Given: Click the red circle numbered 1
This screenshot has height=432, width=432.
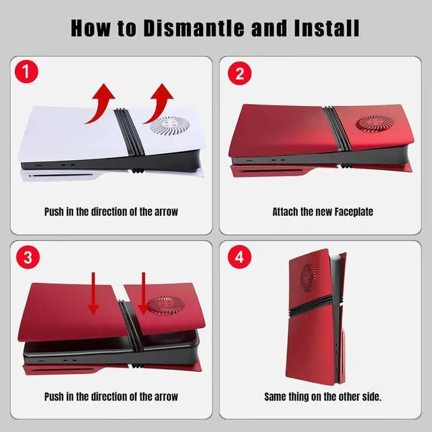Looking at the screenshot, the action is pyautogui.click(x=26, y=72).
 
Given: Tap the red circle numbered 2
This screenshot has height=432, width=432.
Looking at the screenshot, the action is pyautogui.click(x=240, y=74).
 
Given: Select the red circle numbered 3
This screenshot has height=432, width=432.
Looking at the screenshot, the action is pyautogui.click(x=28, y=257).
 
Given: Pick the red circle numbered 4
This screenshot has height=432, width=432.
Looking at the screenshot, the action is pyautogui.click(x=240, y=257).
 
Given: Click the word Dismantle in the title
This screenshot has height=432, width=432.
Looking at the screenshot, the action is pyautogui.click(x=194, y=28).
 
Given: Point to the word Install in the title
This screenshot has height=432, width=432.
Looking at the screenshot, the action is pyautogui.click(x=327, y=28).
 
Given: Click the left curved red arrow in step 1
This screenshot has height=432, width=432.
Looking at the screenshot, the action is pyautogui.click(x=100, y=103).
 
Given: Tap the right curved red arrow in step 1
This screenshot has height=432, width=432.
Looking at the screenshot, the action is pyautogui.click(x=159, y=103).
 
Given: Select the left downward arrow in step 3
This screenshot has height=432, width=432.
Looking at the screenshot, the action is pyautogui.click(x=93, y=293).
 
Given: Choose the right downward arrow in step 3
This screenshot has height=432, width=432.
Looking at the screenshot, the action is pyautogui.click(x=143, y=293).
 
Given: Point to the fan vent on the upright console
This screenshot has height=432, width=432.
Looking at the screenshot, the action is pyautogui.click(x=308, y=277).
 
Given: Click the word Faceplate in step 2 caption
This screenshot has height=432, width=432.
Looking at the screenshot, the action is pyautogui.click(x=354, y=212).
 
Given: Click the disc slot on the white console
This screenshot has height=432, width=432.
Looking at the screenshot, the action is pyautogui.click(x=61, y=175).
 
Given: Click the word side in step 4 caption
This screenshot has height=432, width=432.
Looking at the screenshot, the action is pyautogui.click(x=371, y=397).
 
